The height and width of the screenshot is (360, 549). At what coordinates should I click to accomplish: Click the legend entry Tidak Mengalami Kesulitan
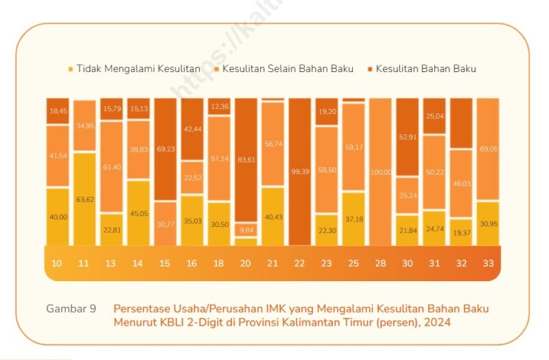[x=138, y=69]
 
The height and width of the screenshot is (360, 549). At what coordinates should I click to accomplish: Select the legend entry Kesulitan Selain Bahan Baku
[x=288, y=69]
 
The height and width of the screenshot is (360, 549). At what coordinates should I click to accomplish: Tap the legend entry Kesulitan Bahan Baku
[x=425, y=69]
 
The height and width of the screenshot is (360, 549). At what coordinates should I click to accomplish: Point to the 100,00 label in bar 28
[x=380, y=172]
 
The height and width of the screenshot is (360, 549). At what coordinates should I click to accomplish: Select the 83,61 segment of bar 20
[x=246, y=160]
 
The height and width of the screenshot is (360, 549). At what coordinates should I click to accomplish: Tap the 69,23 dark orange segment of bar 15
[x=165, y=149]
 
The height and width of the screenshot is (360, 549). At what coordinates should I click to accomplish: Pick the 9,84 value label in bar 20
[x=246, y=230]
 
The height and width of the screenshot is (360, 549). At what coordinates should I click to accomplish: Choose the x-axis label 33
[x=487, y=264]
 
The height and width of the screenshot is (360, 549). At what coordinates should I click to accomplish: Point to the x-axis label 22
[x=300, y=264]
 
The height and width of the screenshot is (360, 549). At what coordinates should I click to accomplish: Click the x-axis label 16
[x=192, y=264]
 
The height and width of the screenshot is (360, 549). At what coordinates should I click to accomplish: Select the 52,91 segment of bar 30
[x=407, y=137]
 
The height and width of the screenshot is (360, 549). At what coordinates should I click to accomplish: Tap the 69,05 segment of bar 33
[x=487, y=149]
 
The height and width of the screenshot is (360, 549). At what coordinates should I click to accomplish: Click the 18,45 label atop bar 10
[x=58, y=111]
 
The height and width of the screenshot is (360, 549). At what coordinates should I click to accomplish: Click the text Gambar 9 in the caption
[x=71, y=309]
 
